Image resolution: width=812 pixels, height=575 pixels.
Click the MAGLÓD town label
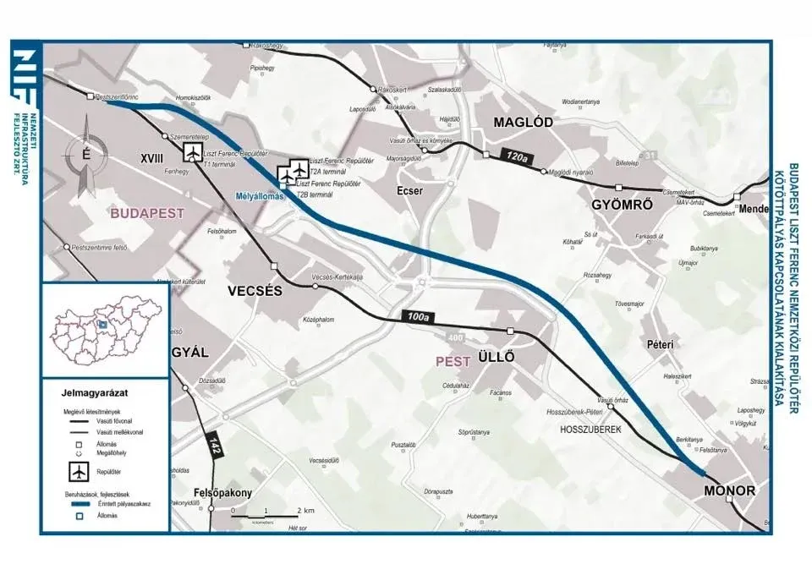[523, 123]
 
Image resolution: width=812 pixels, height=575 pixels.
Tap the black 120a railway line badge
[513, 156]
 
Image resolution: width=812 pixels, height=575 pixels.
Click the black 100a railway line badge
[416, 317]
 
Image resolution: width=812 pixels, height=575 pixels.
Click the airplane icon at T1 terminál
[193, 152]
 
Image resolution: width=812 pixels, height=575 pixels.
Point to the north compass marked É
[85, 155]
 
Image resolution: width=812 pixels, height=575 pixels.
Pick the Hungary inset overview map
[104, 328]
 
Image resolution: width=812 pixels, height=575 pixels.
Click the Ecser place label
[409, 191]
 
